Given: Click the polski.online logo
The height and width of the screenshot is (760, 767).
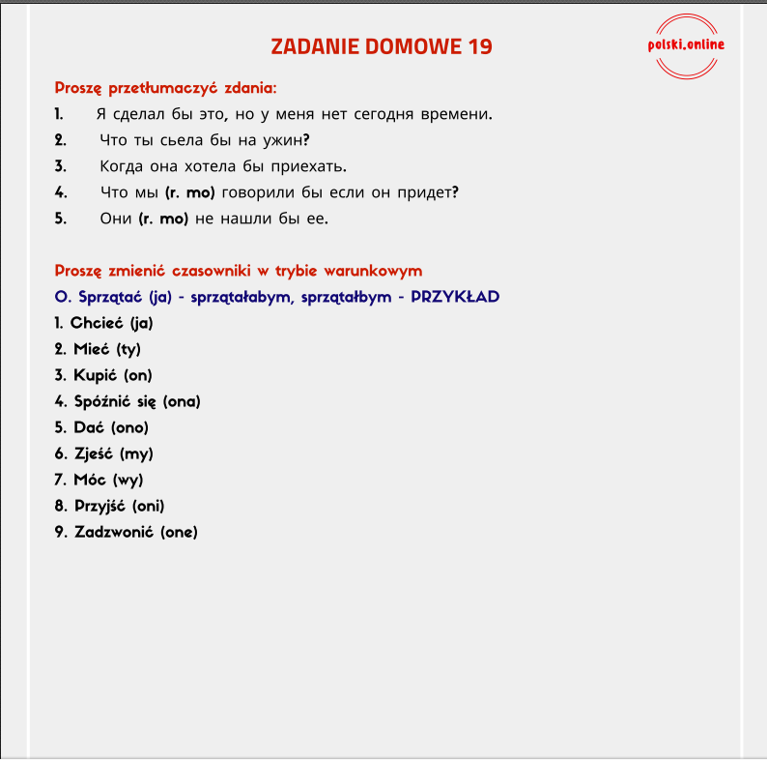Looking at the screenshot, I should click(687, 44).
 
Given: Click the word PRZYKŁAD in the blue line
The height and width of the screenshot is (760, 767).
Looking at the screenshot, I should click(455, 297).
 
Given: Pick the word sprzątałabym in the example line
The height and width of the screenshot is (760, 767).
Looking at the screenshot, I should click(241, 297).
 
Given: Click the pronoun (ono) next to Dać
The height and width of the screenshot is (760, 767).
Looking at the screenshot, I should click(130, 427).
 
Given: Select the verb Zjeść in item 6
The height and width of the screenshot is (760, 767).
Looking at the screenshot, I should click(96, 453).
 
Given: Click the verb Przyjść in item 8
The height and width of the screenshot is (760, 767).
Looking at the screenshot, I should click(101, 506).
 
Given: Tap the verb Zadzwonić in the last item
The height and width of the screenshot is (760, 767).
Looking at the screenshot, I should click(115, 532).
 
